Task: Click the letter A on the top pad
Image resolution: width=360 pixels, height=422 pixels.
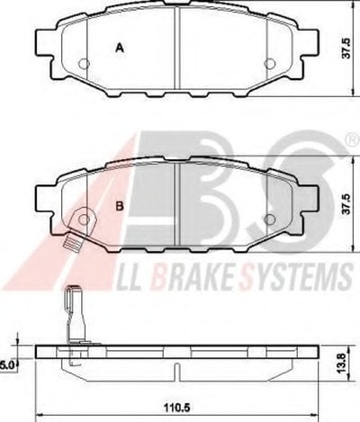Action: [120, 48]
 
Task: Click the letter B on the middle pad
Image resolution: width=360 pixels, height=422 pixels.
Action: [120, 206]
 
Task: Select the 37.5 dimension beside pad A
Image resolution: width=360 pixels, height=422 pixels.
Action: [346, 48]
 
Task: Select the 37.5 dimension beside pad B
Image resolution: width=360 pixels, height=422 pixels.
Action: [346, 203]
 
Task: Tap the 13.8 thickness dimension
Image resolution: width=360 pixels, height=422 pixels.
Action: [341, 363]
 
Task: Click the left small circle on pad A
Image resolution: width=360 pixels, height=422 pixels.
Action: [84, 63]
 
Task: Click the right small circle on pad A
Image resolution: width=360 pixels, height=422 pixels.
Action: [270, 63]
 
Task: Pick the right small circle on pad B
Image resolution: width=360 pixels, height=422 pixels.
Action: [270, 220]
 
